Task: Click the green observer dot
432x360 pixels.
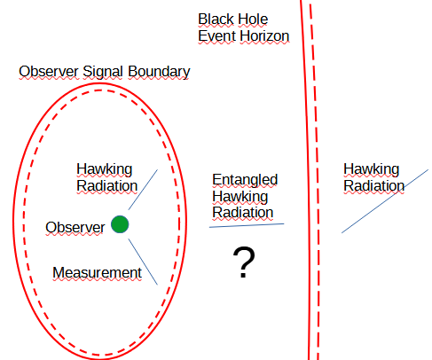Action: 121,225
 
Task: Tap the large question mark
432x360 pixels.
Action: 244,263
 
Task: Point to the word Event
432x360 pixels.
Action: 216,36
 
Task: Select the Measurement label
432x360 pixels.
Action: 97,272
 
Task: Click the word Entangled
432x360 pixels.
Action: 245,179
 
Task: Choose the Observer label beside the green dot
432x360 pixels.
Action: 75,227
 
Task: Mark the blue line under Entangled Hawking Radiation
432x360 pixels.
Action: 247,225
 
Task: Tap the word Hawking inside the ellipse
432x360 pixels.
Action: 104,170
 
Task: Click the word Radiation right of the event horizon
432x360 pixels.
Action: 373,186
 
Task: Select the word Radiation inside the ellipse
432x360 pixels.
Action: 106,186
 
